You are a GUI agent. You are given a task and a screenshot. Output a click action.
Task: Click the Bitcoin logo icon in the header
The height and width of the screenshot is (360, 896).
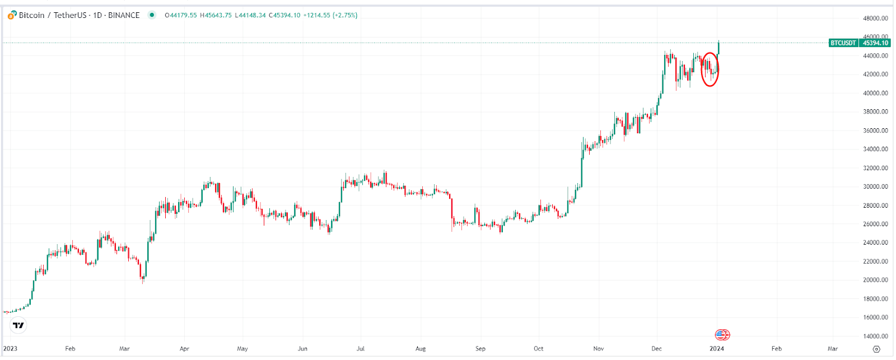click(12, 15)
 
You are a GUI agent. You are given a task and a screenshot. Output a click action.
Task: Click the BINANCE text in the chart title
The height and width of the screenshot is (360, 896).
click(124, 15)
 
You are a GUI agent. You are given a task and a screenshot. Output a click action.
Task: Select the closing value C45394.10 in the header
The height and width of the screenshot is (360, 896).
click(284, 15)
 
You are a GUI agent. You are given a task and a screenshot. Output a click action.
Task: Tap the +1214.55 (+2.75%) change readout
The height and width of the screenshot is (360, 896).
click(330, 15)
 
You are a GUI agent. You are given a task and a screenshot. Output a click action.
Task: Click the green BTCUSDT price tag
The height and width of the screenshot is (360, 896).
click(843, 43)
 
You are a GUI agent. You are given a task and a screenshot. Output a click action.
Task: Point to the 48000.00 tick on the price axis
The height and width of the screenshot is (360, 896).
click(875, 18)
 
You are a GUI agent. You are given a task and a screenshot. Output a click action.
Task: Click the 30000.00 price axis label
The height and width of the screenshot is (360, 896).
click(875, 186)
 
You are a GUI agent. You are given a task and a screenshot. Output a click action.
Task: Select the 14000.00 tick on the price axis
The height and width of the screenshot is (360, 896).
click(875, 336)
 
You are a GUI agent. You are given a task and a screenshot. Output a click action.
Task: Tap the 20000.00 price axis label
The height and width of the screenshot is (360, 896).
click(875, 280)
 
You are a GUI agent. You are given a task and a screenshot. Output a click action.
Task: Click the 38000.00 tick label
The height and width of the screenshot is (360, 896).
click(875, 111)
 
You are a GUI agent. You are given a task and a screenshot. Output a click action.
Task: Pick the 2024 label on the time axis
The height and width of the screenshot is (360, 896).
click(717, 348)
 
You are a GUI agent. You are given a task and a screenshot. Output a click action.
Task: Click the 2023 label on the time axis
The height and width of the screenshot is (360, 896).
click(10, 348)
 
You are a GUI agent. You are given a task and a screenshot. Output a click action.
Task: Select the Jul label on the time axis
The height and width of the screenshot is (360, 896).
click(361, 348)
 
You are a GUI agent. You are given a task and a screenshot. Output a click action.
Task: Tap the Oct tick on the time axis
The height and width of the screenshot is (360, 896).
click(538, 348)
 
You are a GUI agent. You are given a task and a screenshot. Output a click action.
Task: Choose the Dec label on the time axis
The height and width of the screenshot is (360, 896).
click(656, 348)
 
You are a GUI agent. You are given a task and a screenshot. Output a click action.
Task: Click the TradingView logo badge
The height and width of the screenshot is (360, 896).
click(18, 325)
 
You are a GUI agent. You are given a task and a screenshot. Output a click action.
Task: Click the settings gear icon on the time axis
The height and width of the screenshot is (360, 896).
click(876, 349)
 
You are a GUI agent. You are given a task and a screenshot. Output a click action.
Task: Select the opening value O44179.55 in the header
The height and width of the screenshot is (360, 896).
click(181, 15)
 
